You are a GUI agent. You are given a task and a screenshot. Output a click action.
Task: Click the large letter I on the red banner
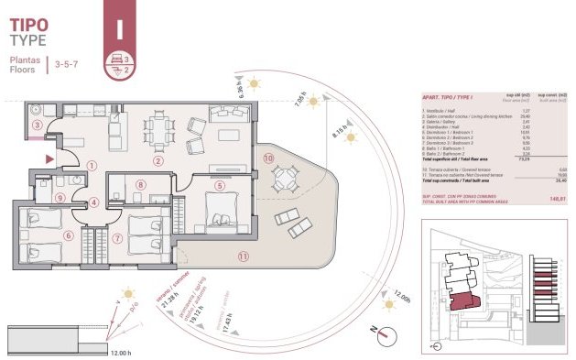click(x=118, y=27)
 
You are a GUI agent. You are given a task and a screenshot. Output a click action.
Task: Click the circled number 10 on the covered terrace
click(x=268, y=158)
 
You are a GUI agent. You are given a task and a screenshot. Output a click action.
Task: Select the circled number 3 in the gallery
click(x=37, y=125)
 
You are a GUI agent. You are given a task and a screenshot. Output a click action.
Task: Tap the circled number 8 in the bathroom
click(x=140, y=186)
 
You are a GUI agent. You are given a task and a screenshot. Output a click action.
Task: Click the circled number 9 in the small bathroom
click(x=60, y=196)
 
